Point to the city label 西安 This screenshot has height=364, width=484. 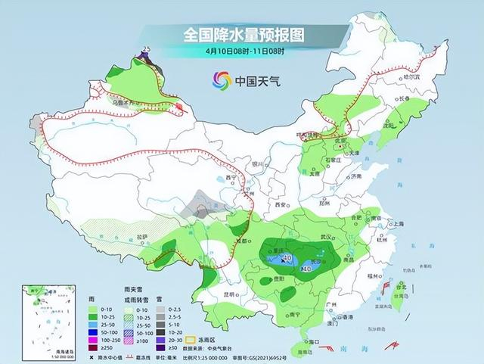coord(281,205)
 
